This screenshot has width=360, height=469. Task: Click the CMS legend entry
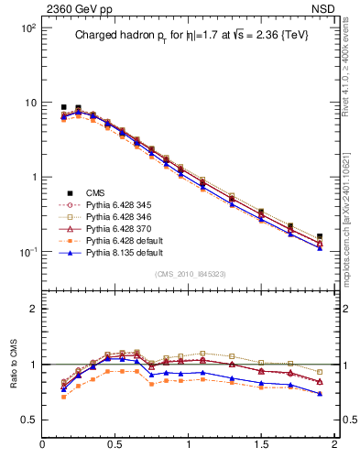click(95, 192)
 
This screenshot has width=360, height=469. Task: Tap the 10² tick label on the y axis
click(28, 28)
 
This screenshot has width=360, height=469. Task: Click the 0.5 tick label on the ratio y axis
click(28, 420)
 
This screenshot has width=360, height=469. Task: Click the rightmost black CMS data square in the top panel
click(320, 236)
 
